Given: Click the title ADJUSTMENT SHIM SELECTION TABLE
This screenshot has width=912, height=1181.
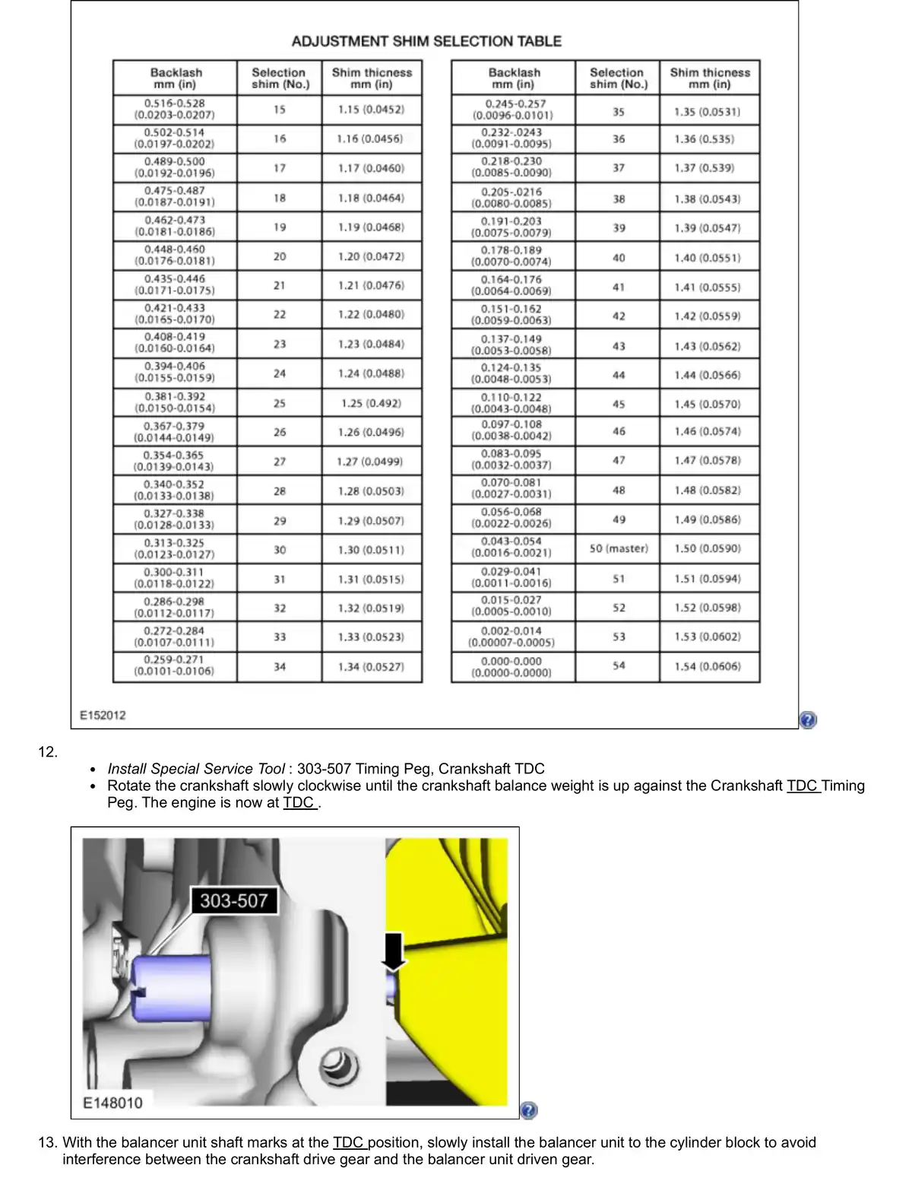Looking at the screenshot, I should [x=426, y=41].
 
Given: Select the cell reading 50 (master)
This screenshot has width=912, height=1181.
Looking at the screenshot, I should [x=619, y=548].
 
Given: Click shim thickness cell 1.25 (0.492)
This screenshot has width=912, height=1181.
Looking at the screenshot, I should [x=371, y=403].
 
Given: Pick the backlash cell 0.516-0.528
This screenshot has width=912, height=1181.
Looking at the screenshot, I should [x=175, y=109].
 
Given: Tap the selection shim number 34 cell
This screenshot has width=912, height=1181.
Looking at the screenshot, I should [x=280, y=667].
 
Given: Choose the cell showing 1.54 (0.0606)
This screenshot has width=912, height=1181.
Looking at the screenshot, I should [x=708, y=667].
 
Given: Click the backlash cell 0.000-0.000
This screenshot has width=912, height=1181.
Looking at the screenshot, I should [x=511, y=667].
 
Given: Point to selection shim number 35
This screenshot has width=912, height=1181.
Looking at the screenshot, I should [x=619, y=112].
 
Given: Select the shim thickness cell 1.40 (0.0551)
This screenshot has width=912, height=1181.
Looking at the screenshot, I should [x=708, y=258].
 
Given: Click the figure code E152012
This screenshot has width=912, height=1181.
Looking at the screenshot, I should [x=103, y=715].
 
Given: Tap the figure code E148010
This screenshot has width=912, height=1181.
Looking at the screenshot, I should [x=112, y=1103].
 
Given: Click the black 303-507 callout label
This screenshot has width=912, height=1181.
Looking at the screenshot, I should [x=233, y=901].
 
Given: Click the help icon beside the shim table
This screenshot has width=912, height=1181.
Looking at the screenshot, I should [x=808, y=719].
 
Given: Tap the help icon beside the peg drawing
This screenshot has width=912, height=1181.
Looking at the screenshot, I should [x=529, y=1110].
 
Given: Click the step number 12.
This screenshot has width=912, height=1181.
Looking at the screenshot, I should [x=47, y=752].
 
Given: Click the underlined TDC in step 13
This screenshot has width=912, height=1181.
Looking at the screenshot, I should [x=349, y=1142].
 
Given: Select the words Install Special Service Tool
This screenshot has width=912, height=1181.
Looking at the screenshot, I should [x=196, y=769].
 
